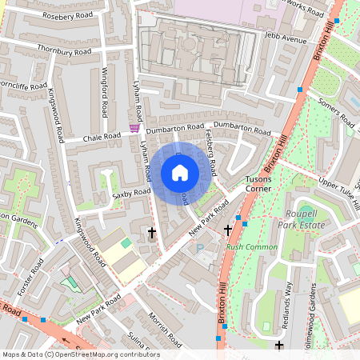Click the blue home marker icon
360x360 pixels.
180,173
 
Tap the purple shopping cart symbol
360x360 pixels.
134,128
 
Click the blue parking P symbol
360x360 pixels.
200,248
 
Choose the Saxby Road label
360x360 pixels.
131,193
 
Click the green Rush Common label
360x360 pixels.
251,247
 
